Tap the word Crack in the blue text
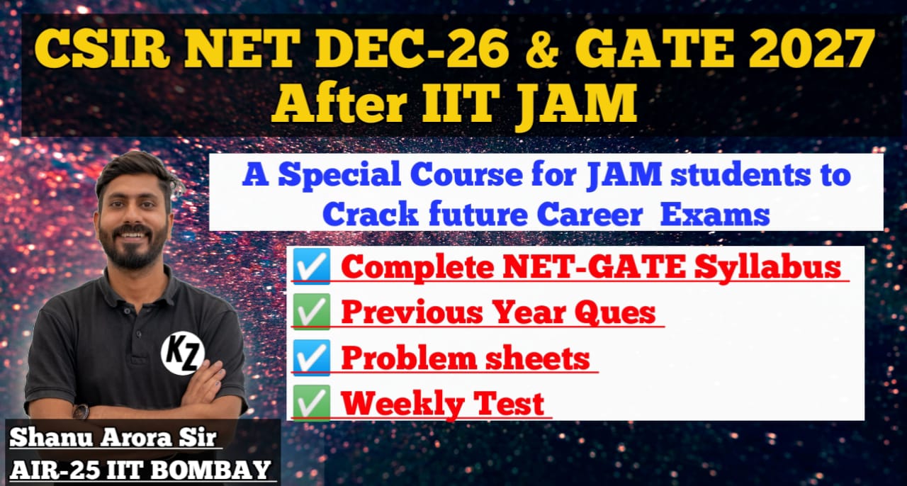point(373,214)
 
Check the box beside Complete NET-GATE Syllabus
point(312,267)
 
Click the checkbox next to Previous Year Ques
point(312,312)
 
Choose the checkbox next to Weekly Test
point(312,402)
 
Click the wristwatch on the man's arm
point(81,411)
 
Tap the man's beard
point(135,252)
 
